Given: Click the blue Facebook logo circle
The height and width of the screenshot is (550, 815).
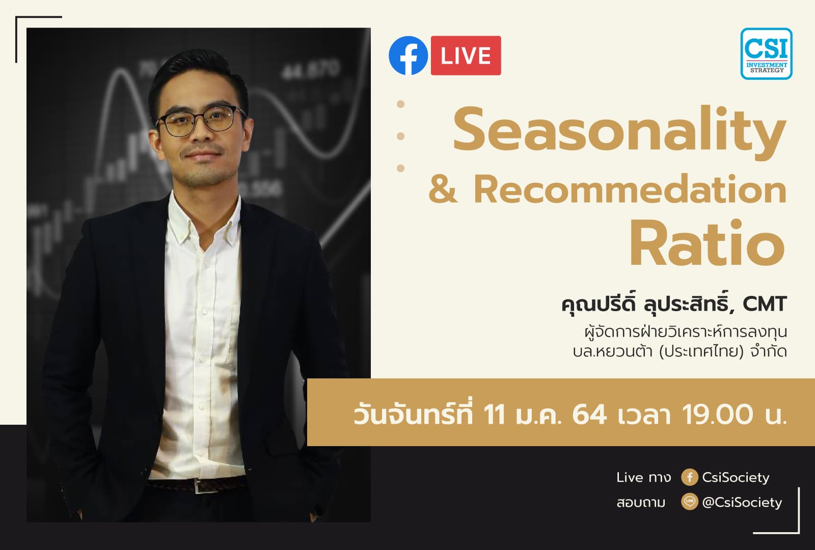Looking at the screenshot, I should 408,56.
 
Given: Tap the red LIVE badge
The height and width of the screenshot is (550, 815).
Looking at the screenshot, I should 466,56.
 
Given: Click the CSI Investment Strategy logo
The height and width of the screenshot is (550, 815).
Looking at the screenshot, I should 766,53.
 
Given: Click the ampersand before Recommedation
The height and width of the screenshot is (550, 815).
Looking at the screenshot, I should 443,189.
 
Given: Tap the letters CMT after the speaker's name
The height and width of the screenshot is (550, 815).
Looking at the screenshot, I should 765,304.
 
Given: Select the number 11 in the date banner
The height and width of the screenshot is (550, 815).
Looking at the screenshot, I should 494,414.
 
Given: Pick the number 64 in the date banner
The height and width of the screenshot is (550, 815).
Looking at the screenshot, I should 589,414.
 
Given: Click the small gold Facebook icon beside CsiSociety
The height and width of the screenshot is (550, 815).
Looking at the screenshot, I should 689,477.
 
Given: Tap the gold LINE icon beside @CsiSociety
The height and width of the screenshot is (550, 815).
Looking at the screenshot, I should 689,502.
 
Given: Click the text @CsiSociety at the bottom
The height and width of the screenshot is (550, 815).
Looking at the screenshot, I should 742,503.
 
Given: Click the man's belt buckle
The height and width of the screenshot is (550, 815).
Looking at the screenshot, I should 200,487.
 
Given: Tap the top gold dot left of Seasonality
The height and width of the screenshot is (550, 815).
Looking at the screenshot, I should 400,104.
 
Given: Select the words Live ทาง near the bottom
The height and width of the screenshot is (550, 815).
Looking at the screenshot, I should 643,477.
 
